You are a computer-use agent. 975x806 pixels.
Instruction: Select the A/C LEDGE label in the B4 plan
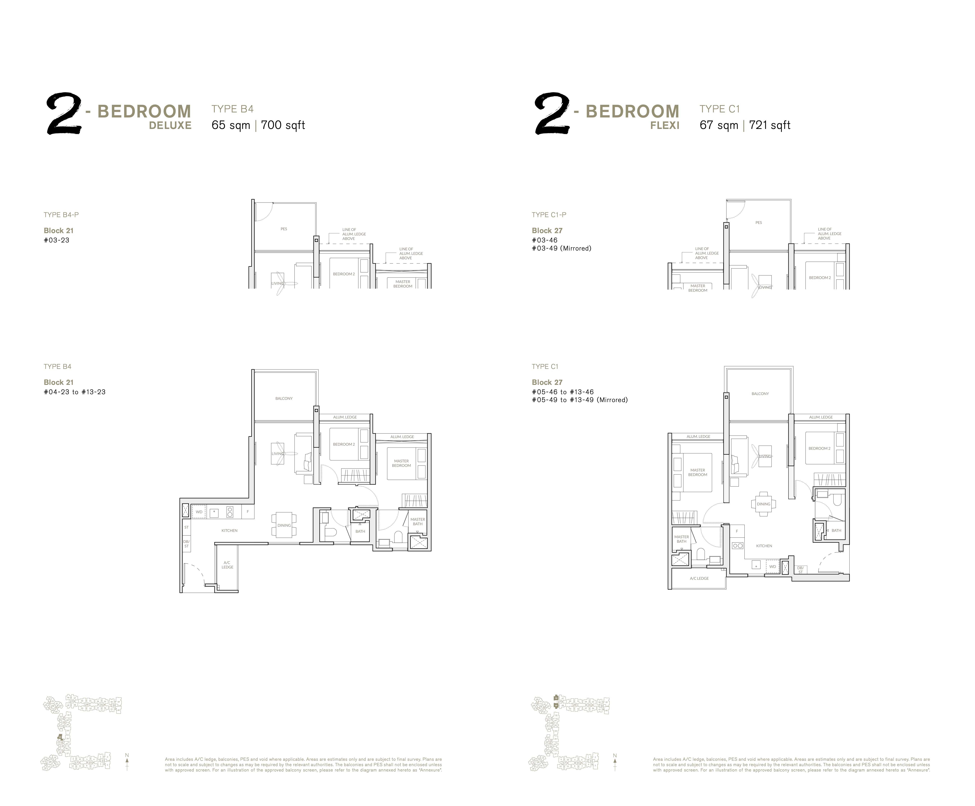click(x=227, y=565)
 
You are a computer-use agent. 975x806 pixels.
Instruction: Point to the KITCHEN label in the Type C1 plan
click(x=764, y=546)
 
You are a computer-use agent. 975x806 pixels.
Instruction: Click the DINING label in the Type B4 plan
click(x=284, y=526)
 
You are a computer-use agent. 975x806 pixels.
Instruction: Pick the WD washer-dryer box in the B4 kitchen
click(x=199, y=512)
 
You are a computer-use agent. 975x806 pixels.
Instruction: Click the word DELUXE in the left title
click(x=170, y=125)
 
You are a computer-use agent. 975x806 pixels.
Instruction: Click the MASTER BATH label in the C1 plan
click(x=681, y=539)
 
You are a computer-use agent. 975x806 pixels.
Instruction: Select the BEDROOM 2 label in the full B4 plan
click(x=344, y=444)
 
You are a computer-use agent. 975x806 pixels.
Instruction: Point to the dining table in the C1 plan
click(x=763, y=504)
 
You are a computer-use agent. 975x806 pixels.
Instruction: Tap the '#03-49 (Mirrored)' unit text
click(x=561, y=248)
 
